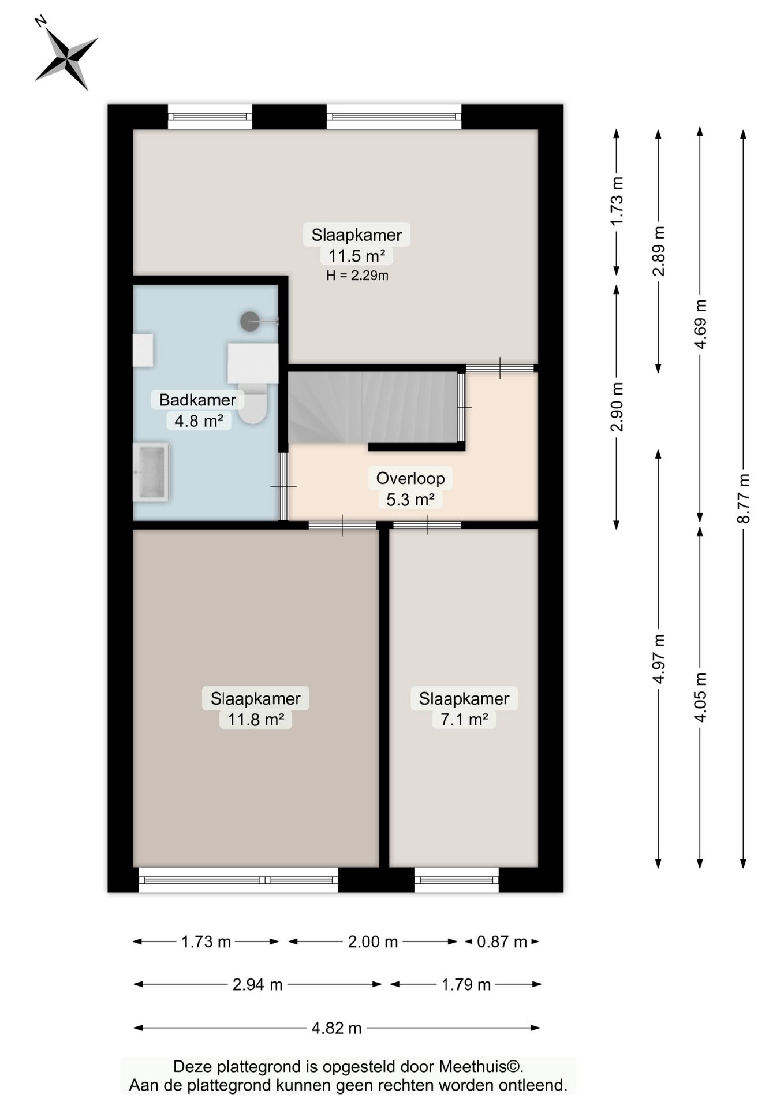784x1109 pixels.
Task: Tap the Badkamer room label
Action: [197, 400]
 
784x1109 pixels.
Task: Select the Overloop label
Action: [410, 478]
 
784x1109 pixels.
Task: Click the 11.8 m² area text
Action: [256, 720]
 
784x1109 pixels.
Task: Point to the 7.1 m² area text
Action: [464, 720]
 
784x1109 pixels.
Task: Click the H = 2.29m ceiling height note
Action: [357, 276]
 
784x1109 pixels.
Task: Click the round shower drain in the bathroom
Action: [250, 321]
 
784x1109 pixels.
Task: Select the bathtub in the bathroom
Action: [151, 472]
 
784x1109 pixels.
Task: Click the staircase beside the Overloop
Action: [374, 407]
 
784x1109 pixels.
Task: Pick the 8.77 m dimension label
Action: [744, 498]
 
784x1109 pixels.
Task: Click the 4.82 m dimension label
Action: [337, 1028]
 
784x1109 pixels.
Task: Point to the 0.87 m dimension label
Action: [502, 942]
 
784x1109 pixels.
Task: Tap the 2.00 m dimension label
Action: [373, 942]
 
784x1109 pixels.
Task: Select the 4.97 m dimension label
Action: [659, 658]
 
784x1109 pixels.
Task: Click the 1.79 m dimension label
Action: [466, 984]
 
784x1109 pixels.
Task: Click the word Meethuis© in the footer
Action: [481, 1066]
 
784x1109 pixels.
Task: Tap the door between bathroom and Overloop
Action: [283, 486]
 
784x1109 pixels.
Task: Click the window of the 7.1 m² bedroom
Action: [457, 880]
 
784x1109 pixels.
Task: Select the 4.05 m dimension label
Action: [700, 697]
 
